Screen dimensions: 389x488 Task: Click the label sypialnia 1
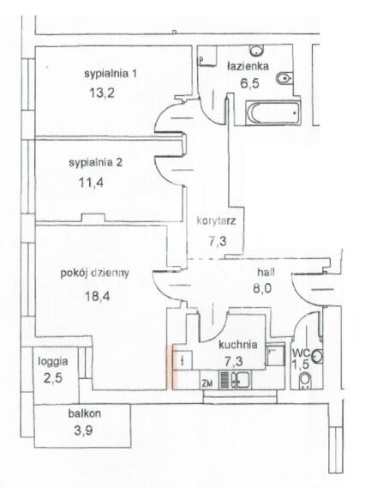111,74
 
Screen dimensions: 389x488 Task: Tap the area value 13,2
102,93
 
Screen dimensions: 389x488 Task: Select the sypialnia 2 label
95,163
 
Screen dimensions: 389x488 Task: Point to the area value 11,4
91,183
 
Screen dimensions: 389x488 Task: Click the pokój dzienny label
94,273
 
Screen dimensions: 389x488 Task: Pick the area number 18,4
98,296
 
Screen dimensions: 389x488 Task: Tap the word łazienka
248,66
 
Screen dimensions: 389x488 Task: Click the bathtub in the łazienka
273,112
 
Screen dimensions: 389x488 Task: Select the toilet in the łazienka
284,78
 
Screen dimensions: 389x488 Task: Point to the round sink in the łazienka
257,50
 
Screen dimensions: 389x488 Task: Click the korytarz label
216,220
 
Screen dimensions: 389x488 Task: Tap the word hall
266,273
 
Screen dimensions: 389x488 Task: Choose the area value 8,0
262,288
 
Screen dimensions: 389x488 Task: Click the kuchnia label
238,345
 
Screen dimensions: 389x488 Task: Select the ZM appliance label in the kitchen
207,383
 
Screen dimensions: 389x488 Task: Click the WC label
301,353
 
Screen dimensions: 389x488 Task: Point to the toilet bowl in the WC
305,381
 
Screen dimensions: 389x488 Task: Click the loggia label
53,362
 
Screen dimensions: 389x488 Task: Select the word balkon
84,413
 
